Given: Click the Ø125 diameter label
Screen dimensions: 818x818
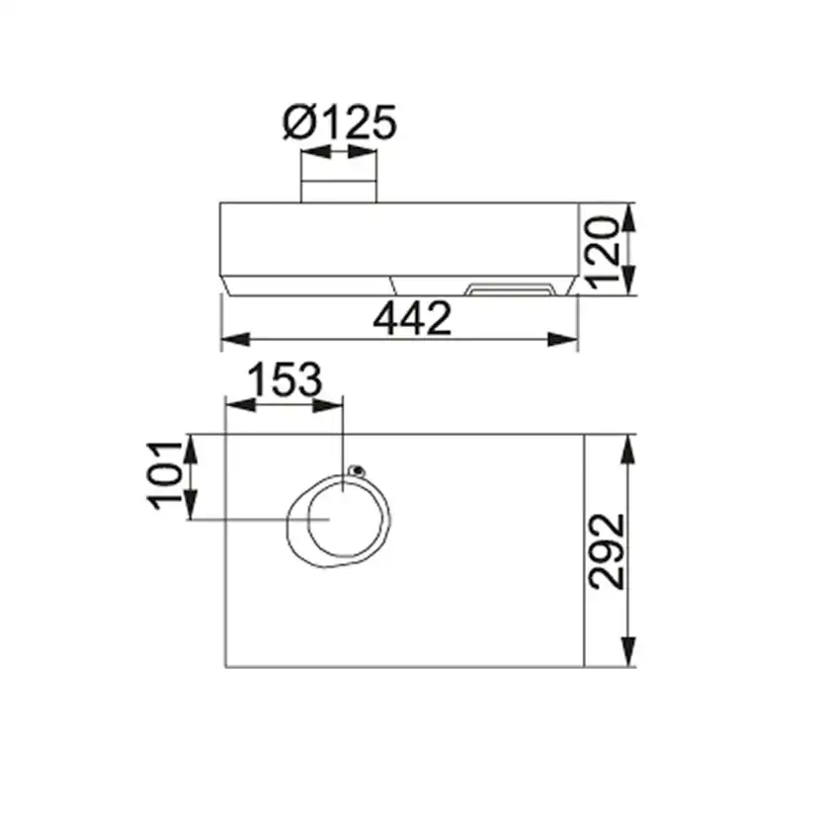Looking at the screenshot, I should pyautogui.click(x=339, y=123).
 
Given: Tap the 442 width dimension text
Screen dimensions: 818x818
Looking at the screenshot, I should pyautogui.click(x=412, y=318).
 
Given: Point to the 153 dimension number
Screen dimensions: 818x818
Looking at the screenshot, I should pyautogui.click(x=285, y=380).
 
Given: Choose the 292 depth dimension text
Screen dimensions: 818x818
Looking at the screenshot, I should pyautogui.click(x=607, y=550).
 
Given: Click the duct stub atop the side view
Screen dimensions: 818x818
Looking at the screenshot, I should pyautogui.click(x=338, y=191).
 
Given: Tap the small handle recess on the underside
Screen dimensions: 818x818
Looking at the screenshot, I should pyautogui.click(x=510, y=289).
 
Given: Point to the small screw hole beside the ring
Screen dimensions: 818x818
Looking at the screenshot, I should pyautogui.click(x=357, y=470).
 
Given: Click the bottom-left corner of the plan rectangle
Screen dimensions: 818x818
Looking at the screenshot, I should pyautogui.click(x=226, y=667).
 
